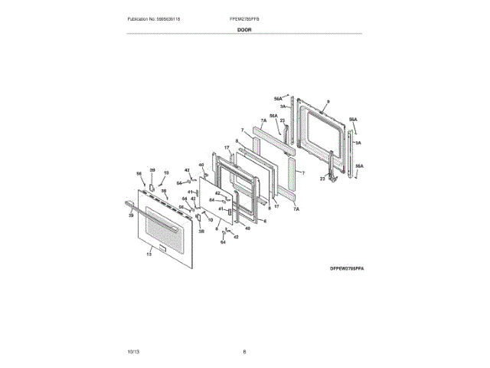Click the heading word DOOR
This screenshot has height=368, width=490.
[x=244, y=29]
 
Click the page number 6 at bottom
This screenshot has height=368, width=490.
[x=244, y=351]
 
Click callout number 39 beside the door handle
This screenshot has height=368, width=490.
[x=131, y=215]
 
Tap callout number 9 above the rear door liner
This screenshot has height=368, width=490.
[x=327, y=102]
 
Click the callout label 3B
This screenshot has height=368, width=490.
[x=201, y=231]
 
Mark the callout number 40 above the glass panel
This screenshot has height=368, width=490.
[x=201, y=165]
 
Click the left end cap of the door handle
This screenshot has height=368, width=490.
[x=126, y=202]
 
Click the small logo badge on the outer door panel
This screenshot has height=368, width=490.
[x=153, y=247]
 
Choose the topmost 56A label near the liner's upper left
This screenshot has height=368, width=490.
[x=278, y=98]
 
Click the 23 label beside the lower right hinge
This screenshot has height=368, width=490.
[x=322, y=179]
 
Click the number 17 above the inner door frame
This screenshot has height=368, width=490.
[x=227, y=147]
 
